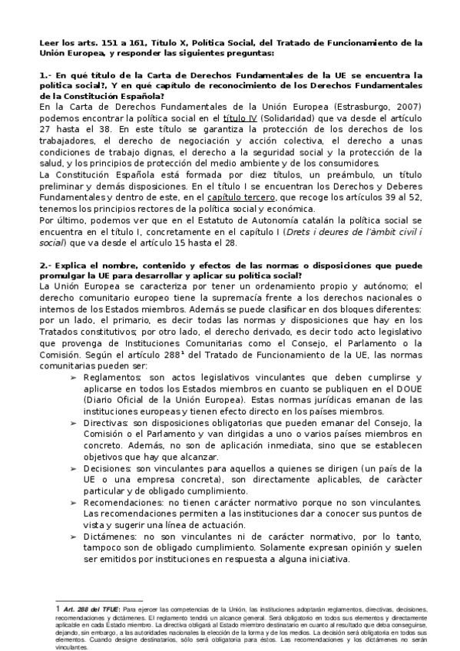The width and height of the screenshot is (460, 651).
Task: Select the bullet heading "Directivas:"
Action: [108, 423]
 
